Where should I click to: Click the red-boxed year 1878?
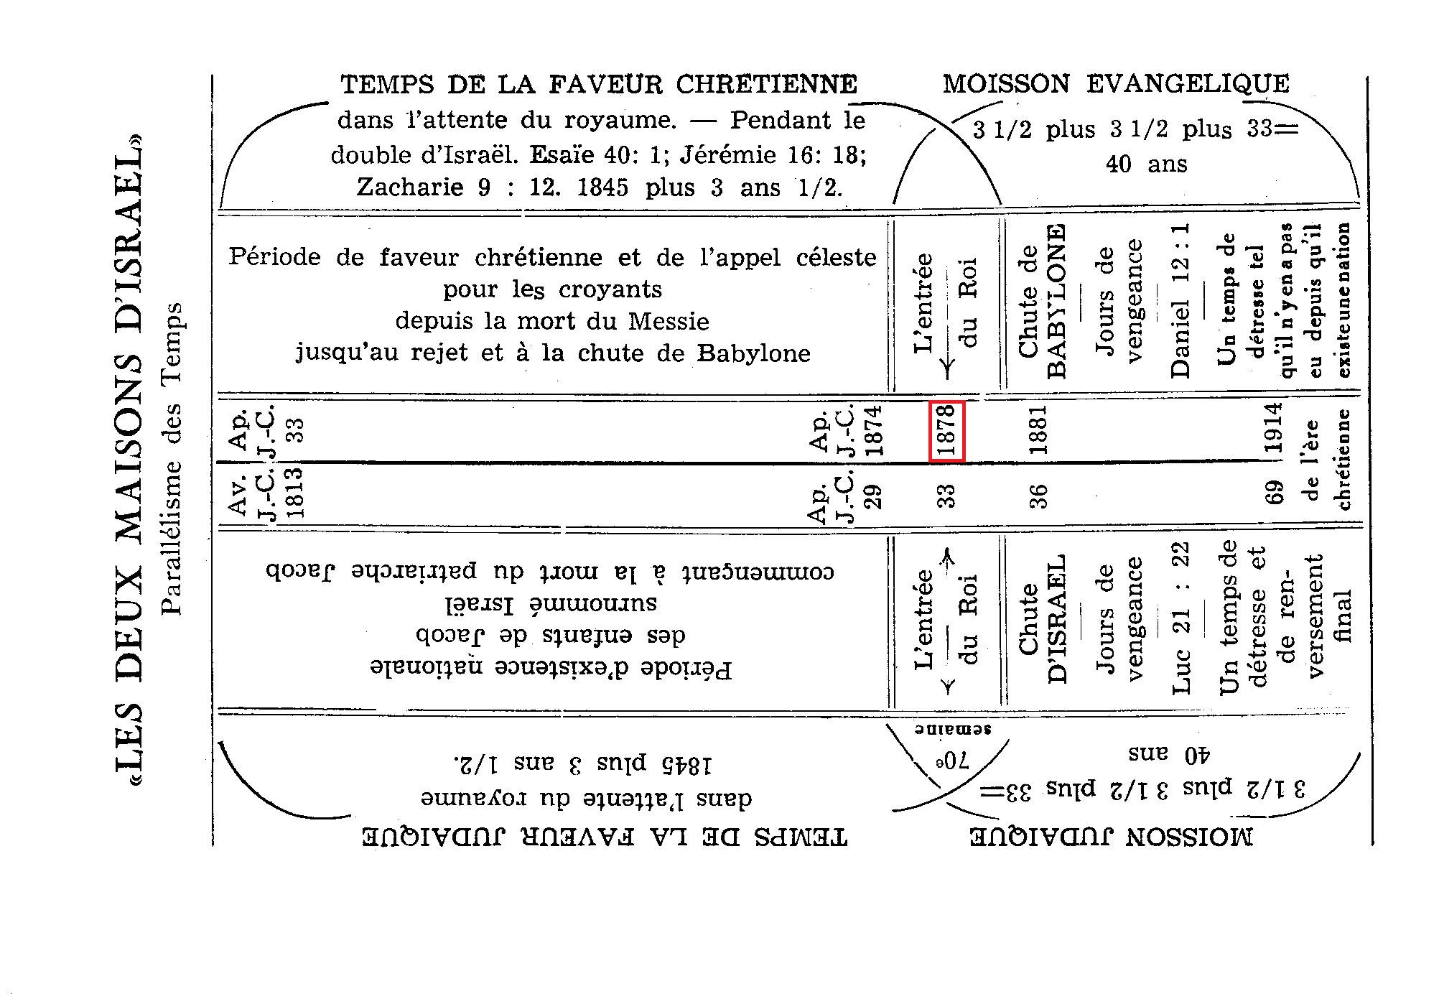pyautogui.click(x=946, y=431)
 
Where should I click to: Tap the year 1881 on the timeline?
pyautogui.click(x=1039, y=430)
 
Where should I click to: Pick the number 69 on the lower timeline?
pyautogui.click(x=1275, y=496)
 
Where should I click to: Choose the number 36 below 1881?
pyautogui.click(x=1039, y=496)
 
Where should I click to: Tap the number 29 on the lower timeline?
pyautogui.click(x=873, y=496)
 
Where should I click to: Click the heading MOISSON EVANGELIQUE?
pyautogui.click(x=1116, y=84)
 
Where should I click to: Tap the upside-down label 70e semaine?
pyautogui.click(x=953, y=747)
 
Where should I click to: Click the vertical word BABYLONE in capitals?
pyautogui.click(x=1056, y=302)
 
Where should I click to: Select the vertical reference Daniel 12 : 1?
pyautogui.click(x=1180, y=301)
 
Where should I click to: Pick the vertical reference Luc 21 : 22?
pyautogui.click(x=1180, y=618)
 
